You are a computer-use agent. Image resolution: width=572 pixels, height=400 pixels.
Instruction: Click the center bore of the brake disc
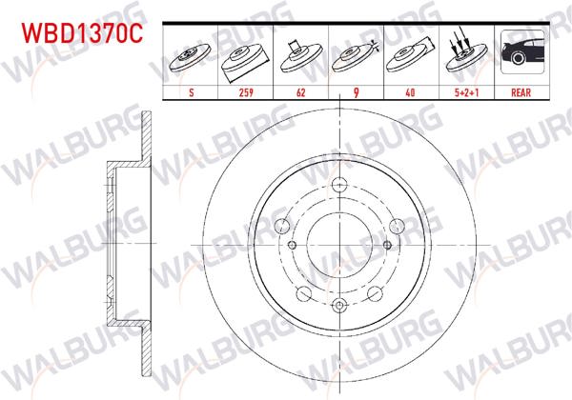340,244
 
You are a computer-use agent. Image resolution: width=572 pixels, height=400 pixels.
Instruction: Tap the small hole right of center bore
386,244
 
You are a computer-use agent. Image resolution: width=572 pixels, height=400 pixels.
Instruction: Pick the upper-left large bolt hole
282,226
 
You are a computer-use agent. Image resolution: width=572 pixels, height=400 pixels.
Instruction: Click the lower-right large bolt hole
377,293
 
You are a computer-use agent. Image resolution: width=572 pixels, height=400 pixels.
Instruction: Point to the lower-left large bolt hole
304,293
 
